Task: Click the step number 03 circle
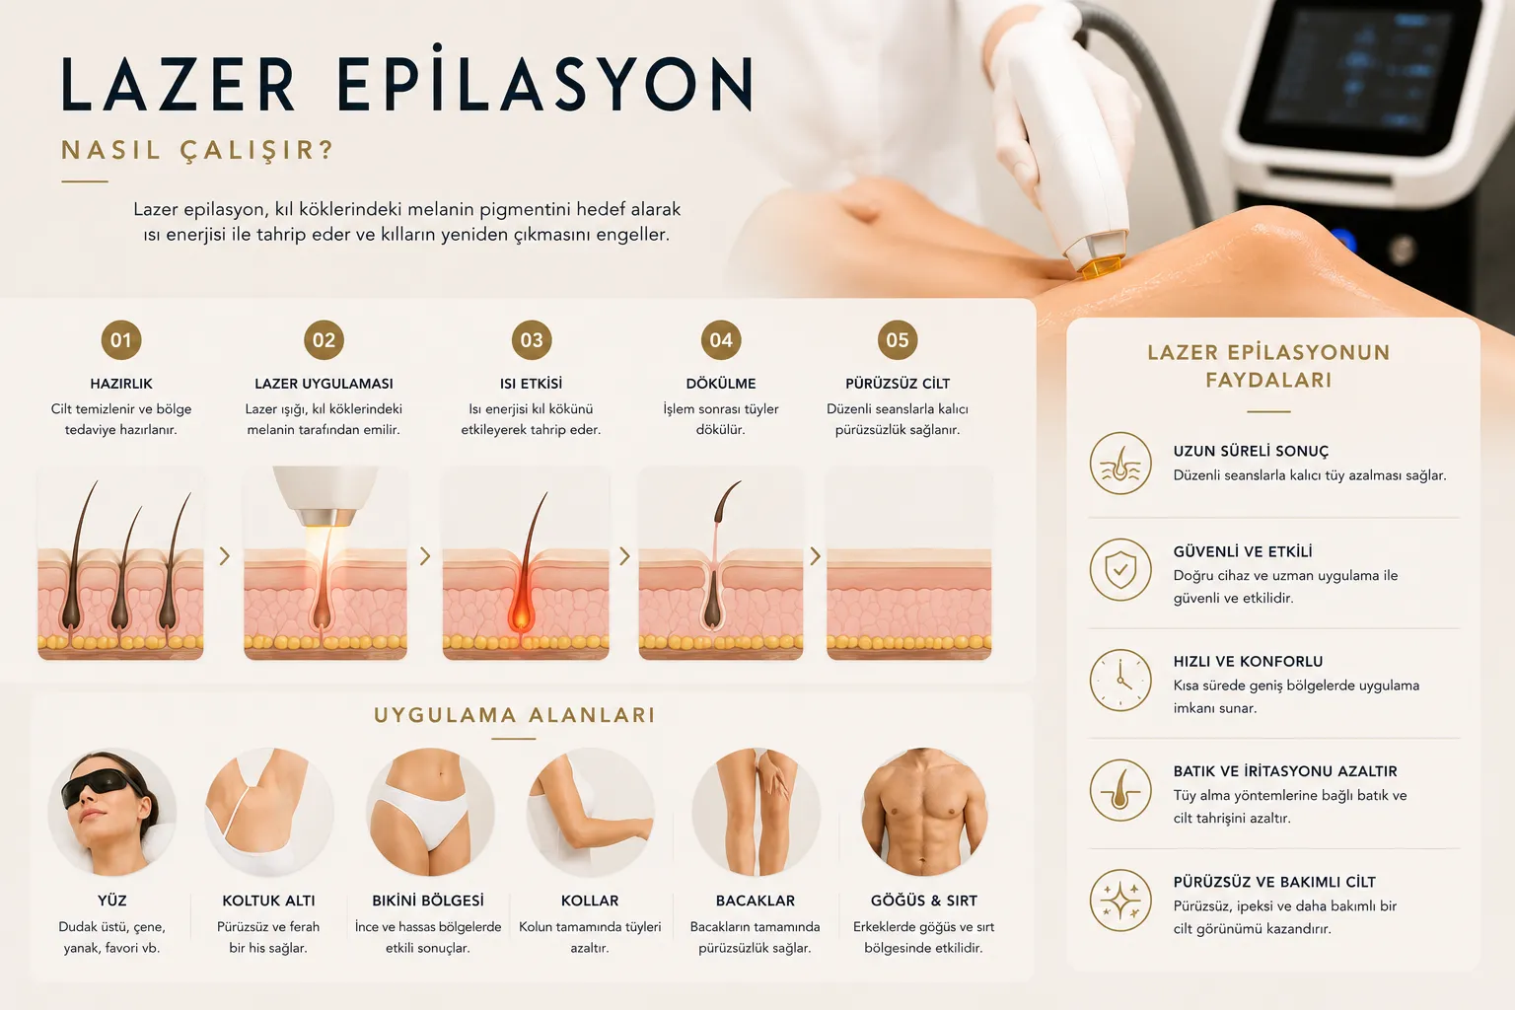(x=532, y=339)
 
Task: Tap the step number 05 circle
(x=898, y=339)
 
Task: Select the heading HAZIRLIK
(x=121, y=384)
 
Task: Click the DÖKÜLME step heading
(x=721, y=384)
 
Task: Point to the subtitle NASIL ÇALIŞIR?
(x=198, y=150)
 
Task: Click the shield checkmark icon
(x=1120, y=570)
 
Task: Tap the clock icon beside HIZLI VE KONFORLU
(x=1120, y=680)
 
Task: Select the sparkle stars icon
(x=1120, y=901)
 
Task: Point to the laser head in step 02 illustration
(x=325, y=496)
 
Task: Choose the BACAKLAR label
(x=756, y=901)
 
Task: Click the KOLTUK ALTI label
(x=268, y=901)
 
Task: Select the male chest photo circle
(x=924, y=812)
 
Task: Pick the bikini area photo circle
(x=430, y=812)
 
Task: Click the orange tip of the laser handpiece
(x=1101, y=266)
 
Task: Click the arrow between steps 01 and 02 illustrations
(x=225, y=556)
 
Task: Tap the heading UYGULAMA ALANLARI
(x=515, y=715)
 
